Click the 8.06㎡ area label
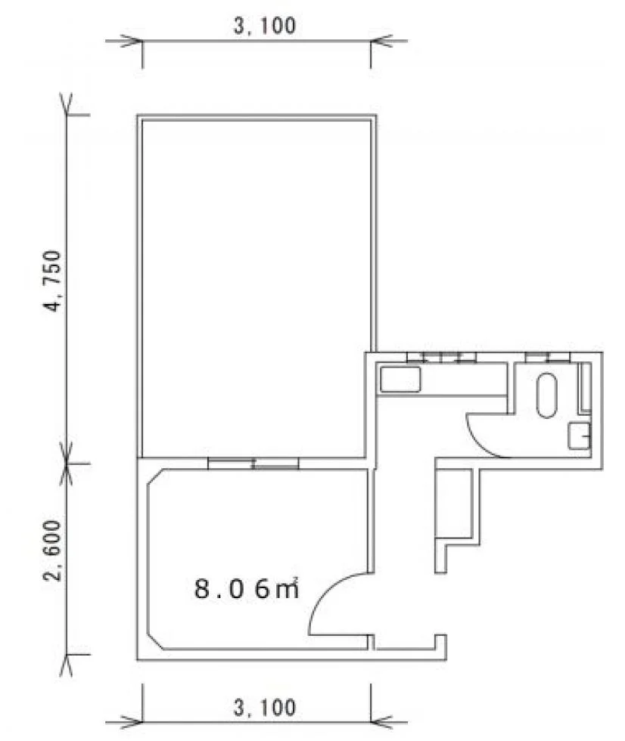(x=247, y=588)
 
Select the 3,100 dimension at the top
(x=265, y=26)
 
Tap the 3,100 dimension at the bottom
(x=265, y=708)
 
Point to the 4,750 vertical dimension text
(x=53, y=281)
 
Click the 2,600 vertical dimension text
(x=53, y=551)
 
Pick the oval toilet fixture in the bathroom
(x=547, y=395)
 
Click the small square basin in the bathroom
(x=579, y=436)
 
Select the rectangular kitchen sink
(x=400, y=380)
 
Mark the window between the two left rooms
(x=253, y=464)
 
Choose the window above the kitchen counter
(x=442, y=357)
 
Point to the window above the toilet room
(x=548, y=357)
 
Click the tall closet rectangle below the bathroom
(x=453, y=504)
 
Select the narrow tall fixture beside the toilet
(x=586, y=387)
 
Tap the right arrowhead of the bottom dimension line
(x=381, y=723)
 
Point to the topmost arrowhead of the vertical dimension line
(x=66, y=105)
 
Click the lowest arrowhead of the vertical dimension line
(x=66, y=665)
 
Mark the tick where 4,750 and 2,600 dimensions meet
(x=67, y=464)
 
